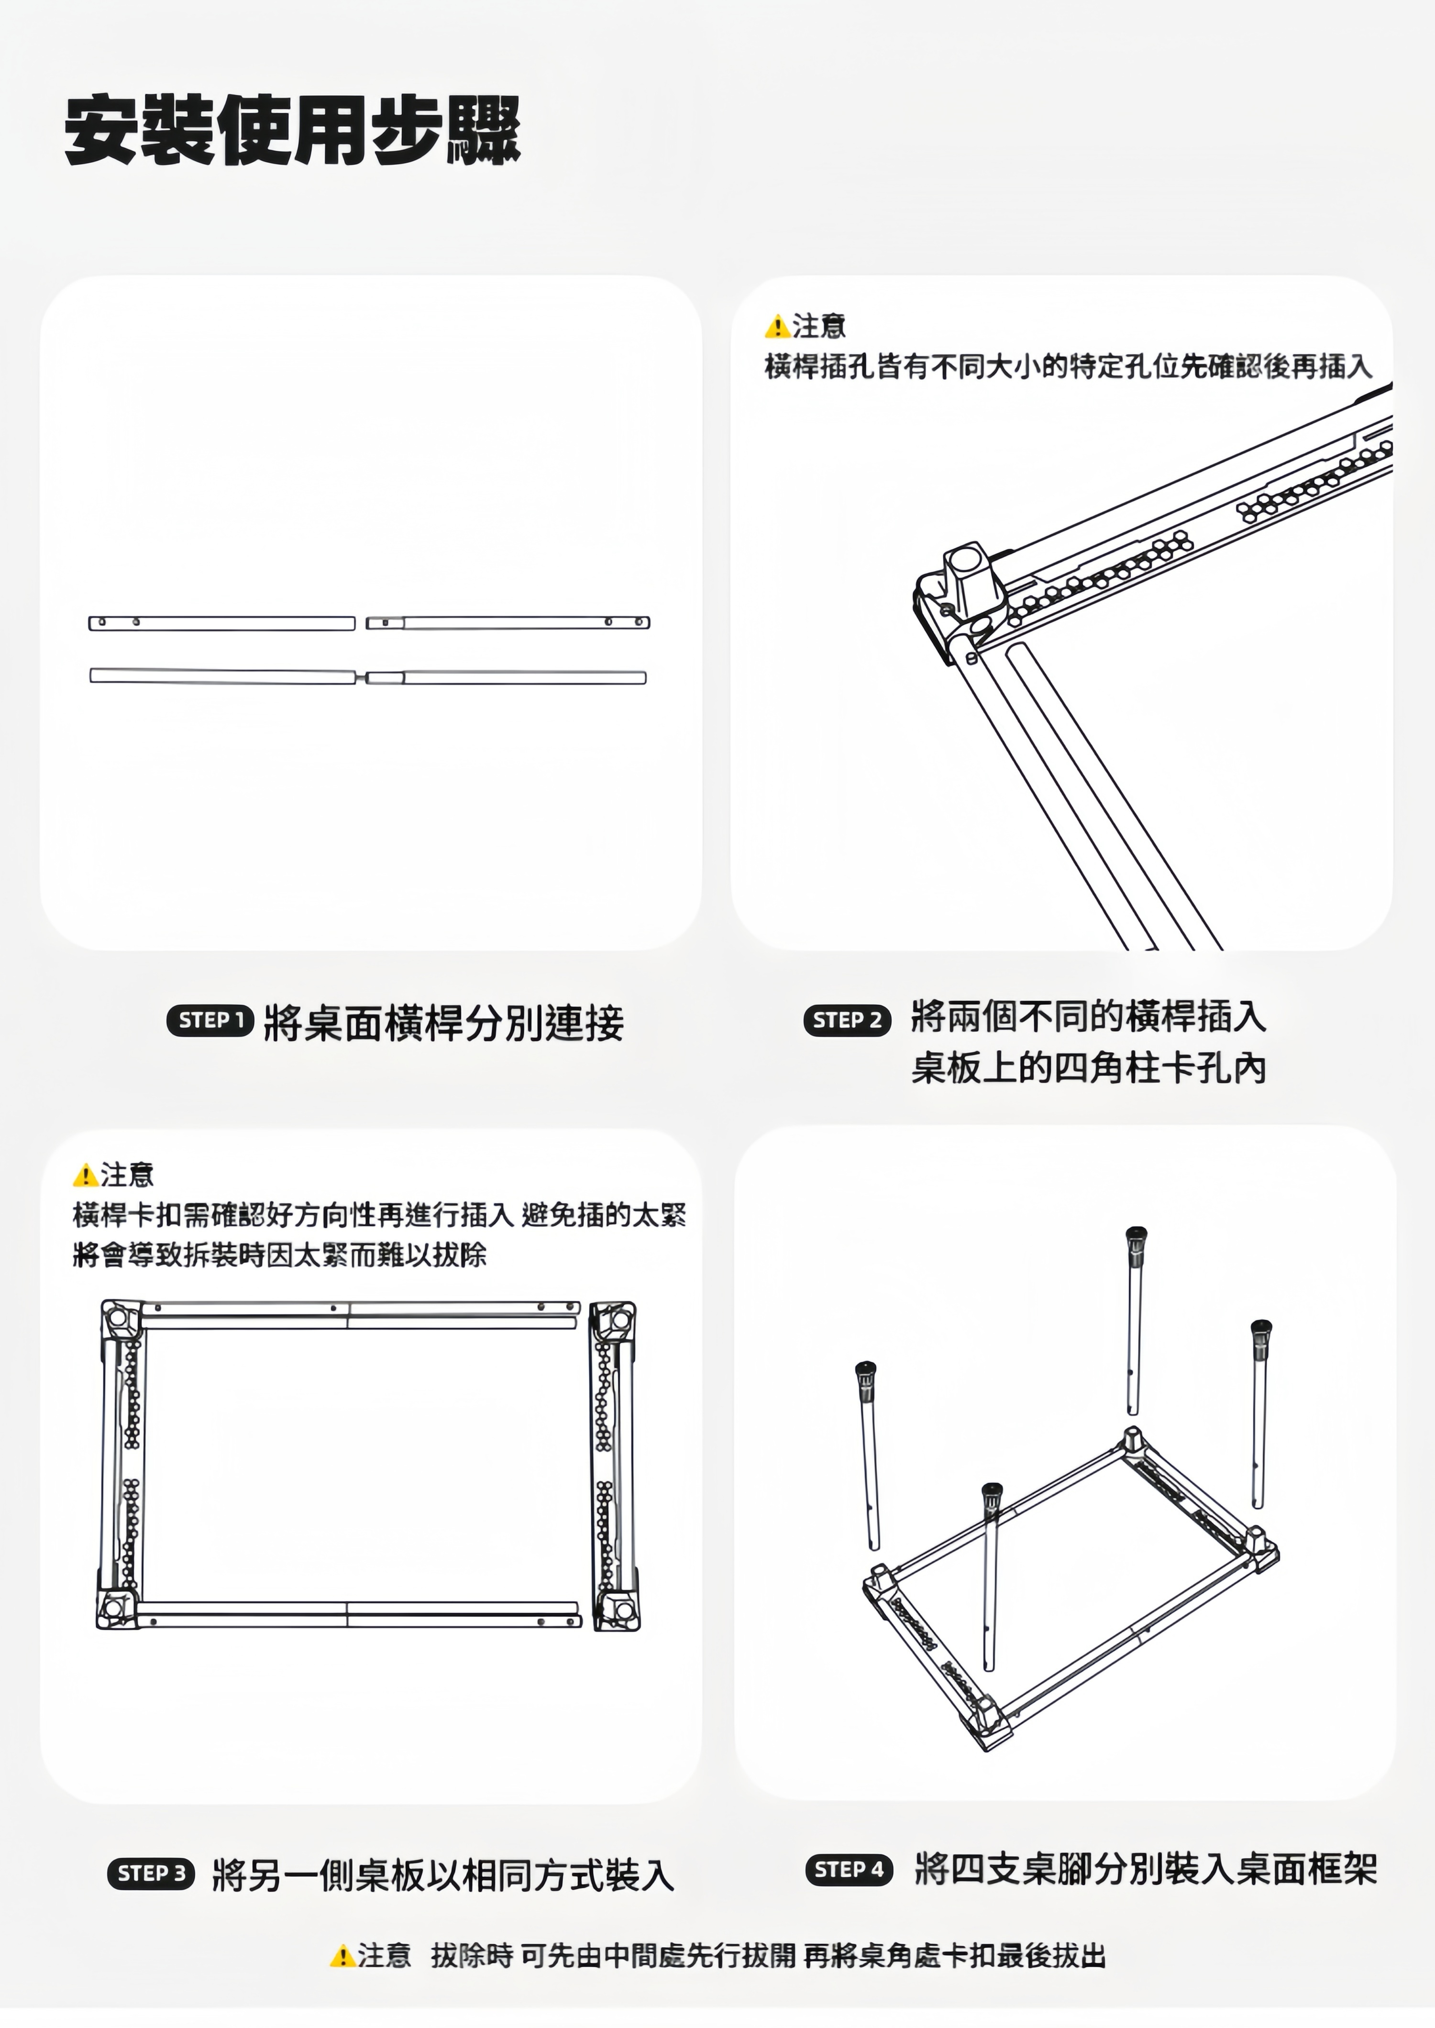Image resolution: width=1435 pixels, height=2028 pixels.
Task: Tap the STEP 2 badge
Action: [847, 1021]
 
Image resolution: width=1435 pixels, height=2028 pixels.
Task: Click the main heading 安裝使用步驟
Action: [292, 131]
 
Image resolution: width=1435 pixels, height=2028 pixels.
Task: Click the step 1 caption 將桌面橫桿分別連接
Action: [443, 1023]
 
